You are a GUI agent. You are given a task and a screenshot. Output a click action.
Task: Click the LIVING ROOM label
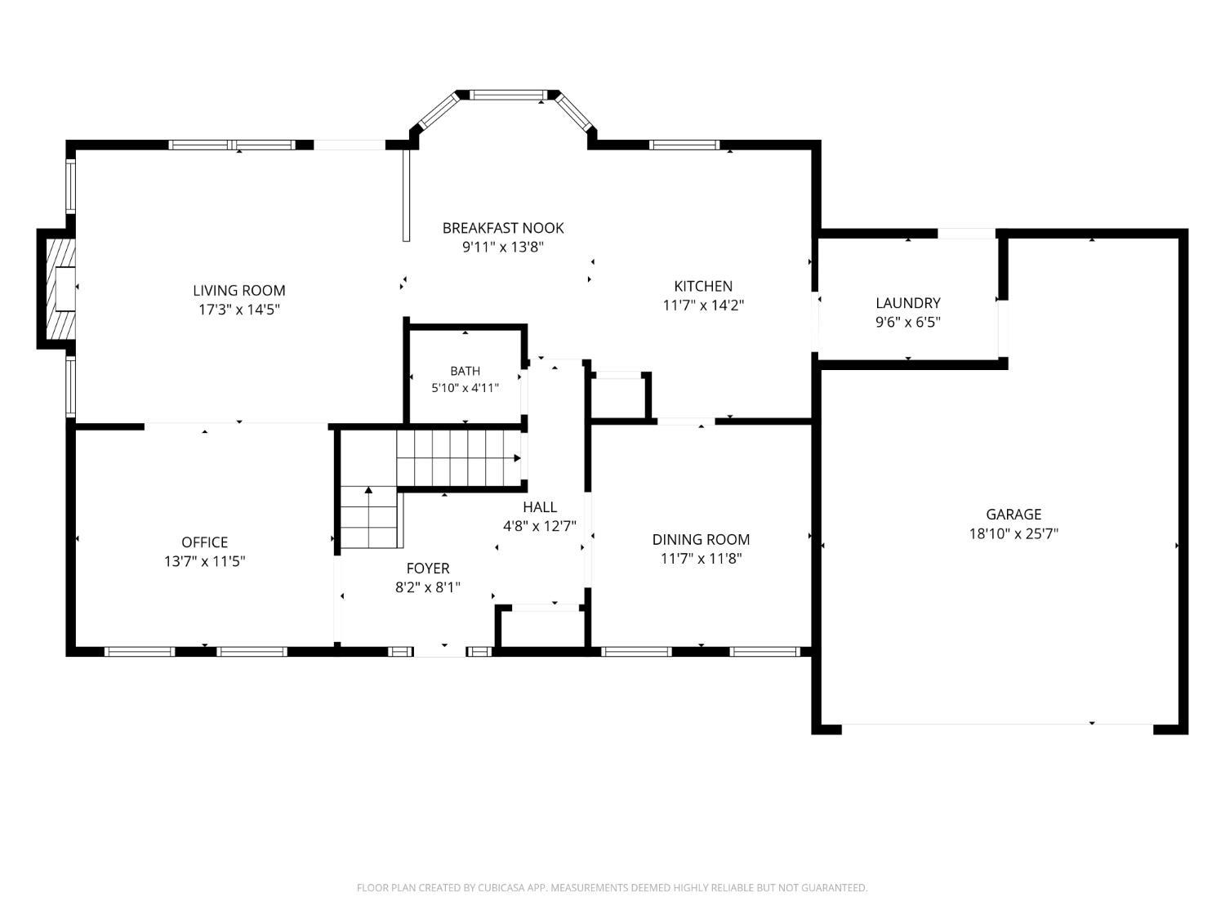[238, 290]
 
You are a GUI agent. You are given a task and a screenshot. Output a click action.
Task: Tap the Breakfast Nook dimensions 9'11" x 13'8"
[503, 247]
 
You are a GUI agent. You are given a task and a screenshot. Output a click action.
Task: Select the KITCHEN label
[702, 286]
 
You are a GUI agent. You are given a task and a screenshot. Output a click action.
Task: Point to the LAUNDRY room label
[907, 303]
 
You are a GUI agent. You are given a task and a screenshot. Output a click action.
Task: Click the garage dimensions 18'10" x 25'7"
[1013, 533]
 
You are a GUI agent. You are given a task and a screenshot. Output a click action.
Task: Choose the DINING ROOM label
[701, 540]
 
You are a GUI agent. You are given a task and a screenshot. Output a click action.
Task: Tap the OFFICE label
[204, 542]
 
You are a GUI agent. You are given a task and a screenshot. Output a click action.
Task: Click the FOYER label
[427, 568]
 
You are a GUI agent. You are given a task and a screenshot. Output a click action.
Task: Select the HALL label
[540, 506]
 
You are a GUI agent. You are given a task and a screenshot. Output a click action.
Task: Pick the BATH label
[465, 371]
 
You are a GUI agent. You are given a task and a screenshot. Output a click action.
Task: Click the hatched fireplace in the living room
[61, 289]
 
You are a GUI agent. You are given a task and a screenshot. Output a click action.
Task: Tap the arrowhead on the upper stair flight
[517, 458]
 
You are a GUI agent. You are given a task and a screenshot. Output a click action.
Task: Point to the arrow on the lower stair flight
[368, 490]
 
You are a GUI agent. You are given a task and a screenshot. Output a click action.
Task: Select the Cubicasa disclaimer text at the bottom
[612, 887]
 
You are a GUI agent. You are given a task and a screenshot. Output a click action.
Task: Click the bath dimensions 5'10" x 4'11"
[465, 388]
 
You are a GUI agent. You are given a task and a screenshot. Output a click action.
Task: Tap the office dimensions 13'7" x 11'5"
[204, 561]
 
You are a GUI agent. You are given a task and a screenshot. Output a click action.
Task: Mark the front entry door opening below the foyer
[439, 652]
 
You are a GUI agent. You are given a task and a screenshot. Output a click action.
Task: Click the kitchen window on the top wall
[684, 145]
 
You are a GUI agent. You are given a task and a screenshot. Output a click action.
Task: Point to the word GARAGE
[1013, 515]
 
